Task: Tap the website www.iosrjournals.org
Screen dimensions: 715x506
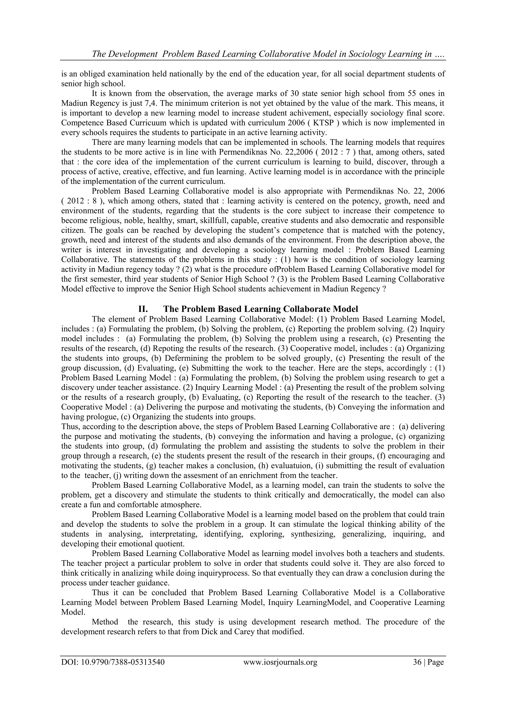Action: (280, 662)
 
